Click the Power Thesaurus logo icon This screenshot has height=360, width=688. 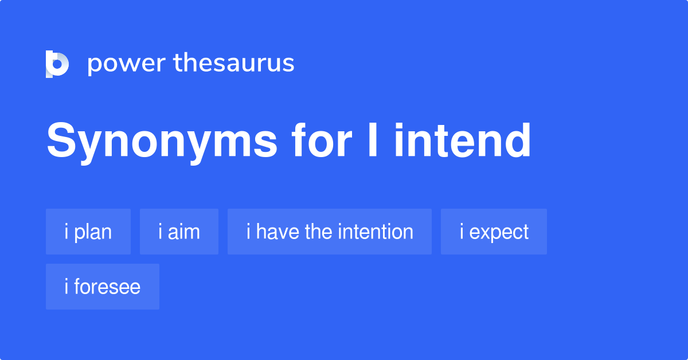pos(57,64)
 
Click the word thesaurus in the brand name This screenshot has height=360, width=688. pos(234,64)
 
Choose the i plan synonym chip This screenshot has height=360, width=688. pos(88,232)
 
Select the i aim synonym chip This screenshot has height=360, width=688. pos(179,232)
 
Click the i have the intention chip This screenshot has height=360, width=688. pos(330,232)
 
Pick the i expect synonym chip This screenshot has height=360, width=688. pos(494,232)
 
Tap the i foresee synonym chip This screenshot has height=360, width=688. pos(103,287)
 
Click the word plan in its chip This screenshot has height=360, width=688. pos(93,232)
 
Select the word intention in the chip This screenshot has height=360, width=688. pos(376,232)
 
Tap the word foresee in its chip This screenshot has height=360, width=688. pos(107,287)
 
